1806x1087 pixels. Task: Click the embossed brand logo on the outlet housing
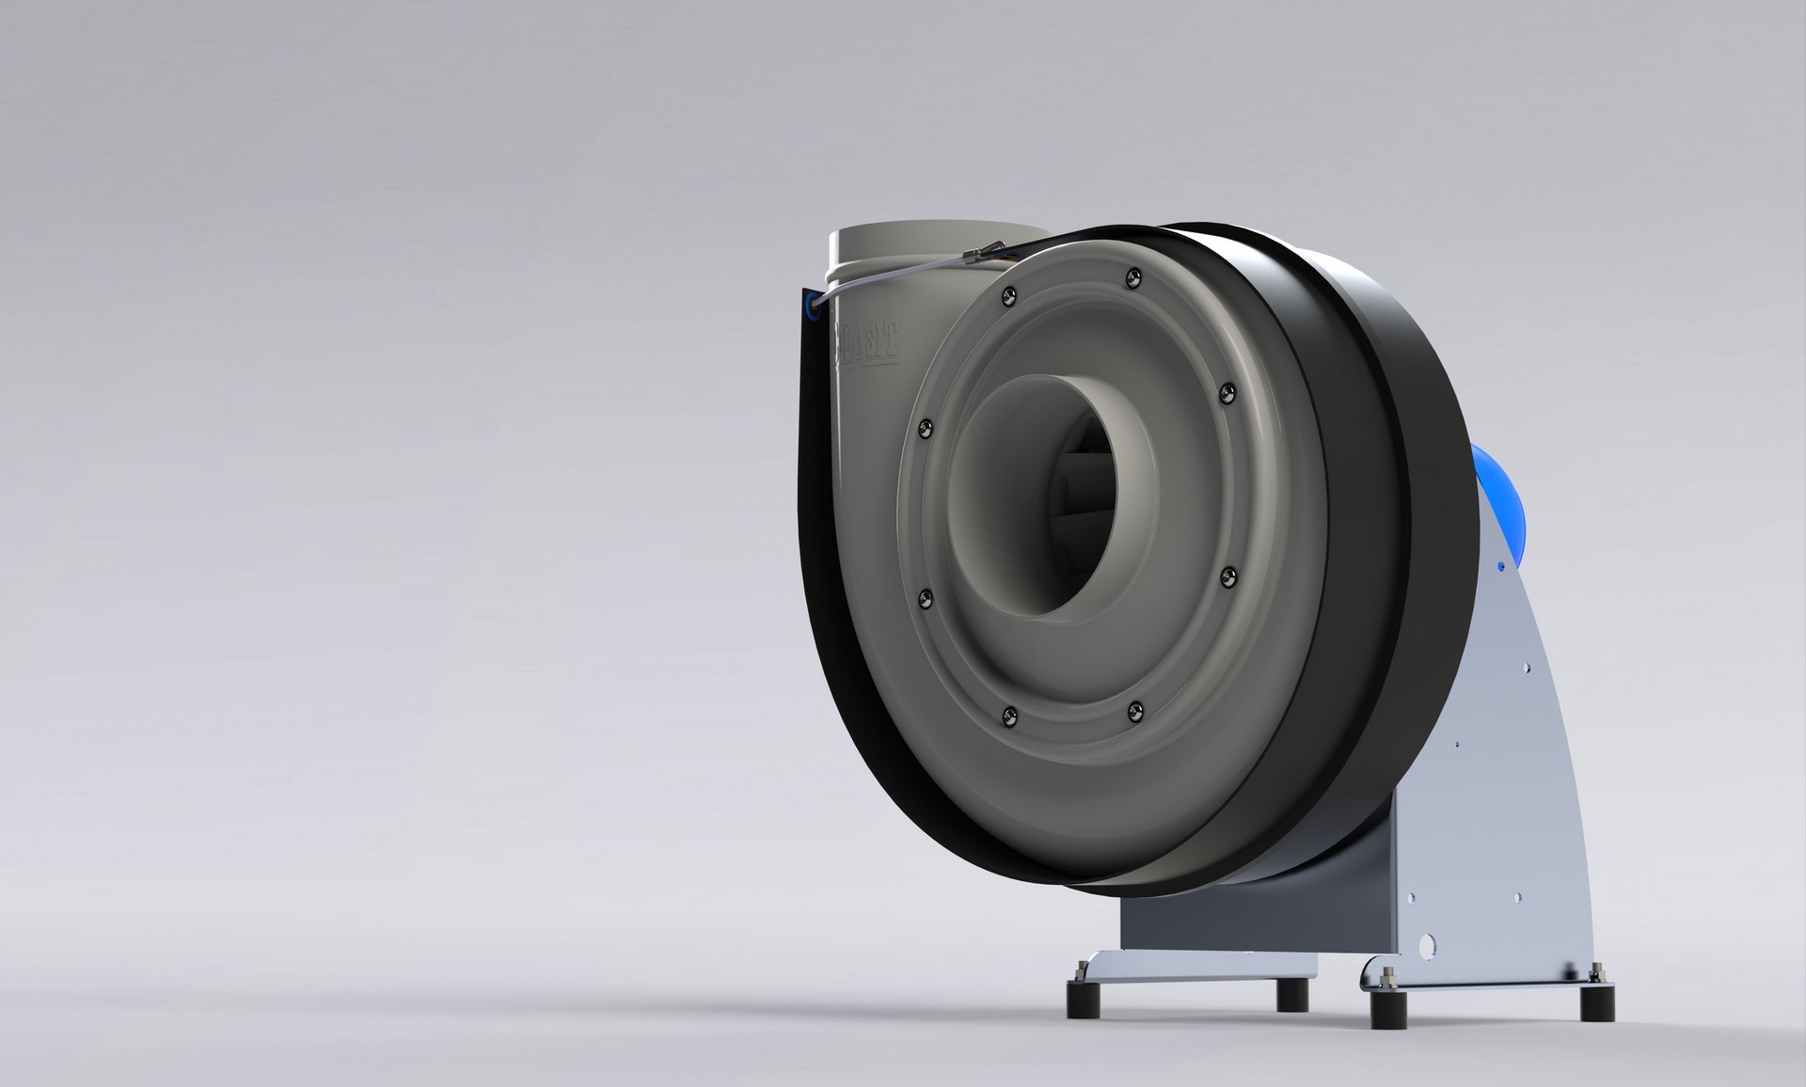pyautogui.click(x=866, y=338)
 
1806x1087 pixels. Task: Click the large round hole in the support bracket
pyautogui.click(x=1428, y=944)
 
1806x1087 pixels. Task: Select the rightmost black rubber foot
pyautogui.click(x=1596, y=1002)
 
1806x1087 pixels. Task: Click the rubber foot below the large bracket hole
pyautogui.click(x=1388, y=1008)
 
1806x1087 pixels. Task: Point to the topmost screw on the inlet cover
pyautogui.click(x=1134, y=277)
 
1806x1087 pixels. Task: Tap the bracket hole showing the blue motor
pyautogui.click(x=1500, y=566)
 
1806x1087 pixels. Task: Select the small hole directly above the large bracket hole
pyautogui.click(x=1410, y=899)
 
